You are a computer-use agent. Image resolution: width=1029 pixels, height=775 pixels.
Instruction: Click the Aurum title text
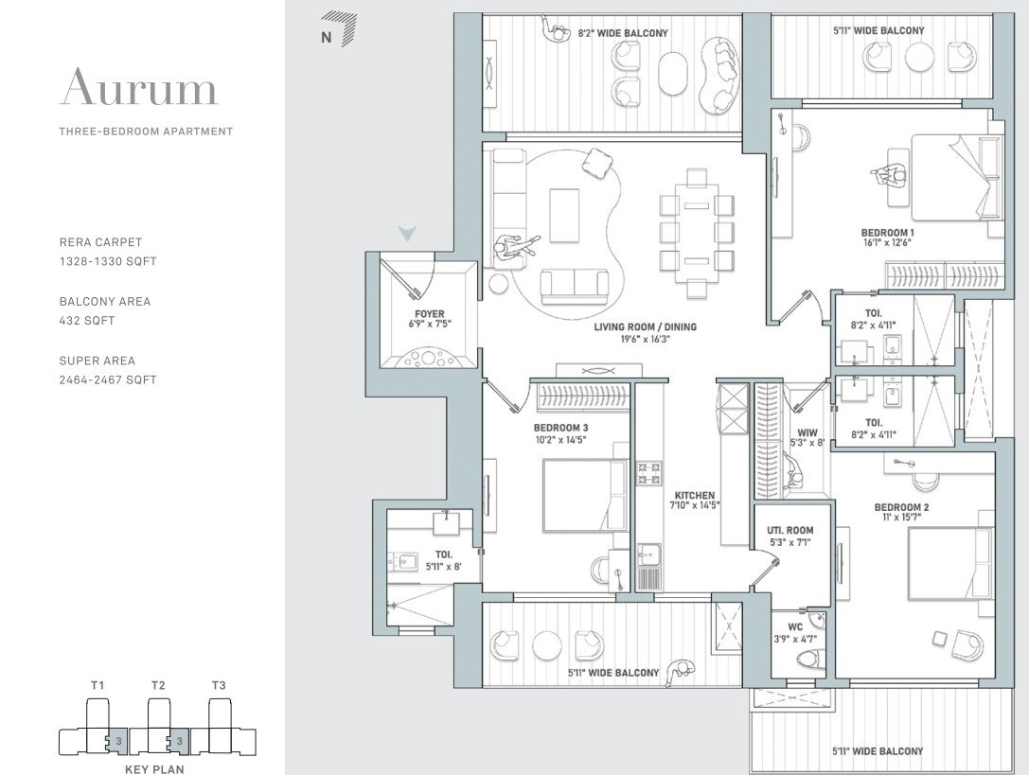[139, 88]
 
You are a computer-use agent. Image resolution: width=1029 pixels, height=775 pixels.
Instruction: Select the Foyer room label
[429, 314]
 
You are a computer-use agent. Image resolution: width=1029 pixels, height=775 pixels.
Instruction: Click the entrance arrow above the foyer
[407, 233]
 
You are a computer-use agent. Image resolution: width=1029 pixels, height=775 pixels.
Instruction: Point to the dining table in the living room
[697, 233]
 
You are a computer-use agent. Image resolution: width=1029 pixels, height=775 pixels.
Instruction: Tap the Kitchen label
[694, 496]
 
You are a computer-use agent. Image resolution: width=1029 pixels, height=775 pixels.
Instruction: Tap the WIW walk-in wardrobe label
[807, 432]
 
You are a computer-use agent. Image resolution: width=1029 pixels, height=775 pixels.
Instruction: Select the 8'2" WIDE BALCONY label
[622, 33]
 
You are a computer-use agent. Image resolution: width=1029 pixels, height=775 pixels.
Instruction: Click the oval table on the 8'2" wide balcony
[673, 72]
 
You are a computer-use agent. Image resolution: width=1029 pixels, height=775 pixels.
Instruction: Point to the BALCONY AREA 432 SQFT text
[104, 311]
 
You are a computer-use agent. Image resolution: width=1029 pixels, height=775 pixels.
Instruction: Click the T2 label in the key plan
[158, 685]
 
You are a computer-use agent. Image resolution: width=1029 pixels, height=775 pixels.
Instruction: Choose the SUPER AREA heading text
[97, 361]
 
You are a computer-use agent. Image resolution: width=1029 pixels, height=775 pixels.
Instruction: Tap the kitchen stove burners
[648, 473]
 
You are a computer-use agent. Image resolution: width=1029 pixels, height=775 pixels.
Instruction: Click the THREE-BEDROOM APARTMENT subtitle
[145, 132]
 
